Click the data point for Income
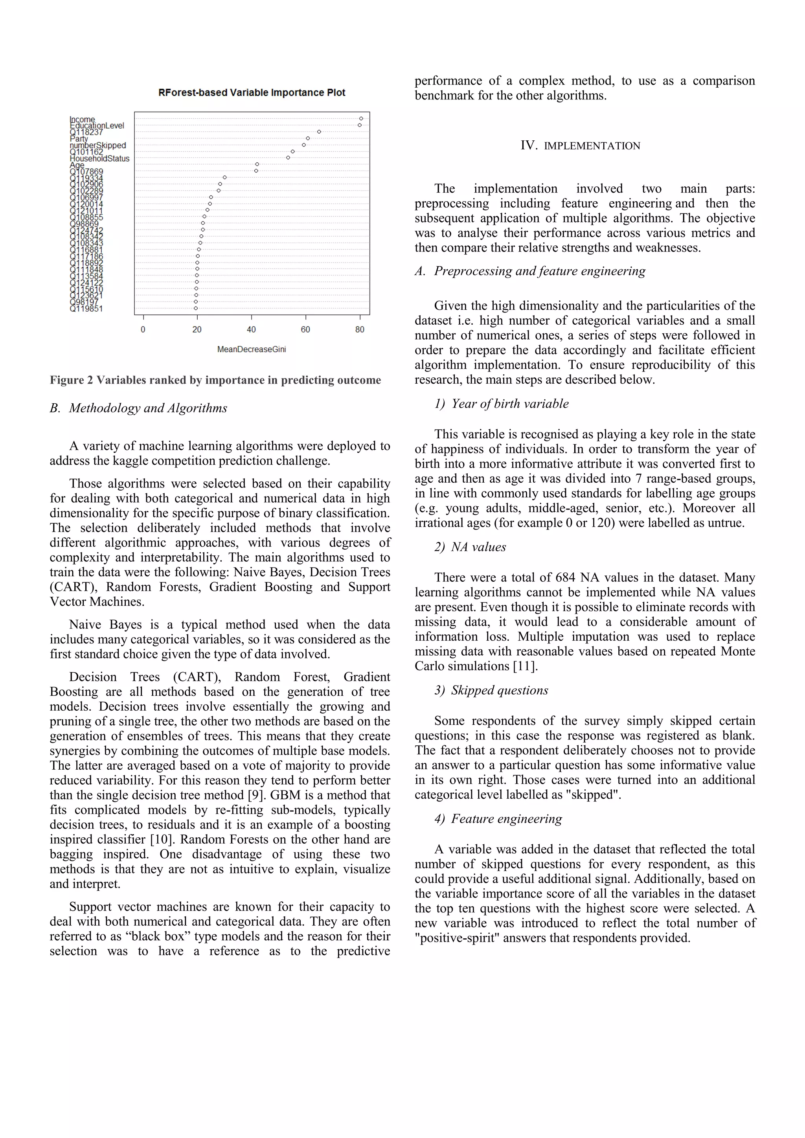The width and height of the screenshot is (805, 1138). click(x=361, y=118)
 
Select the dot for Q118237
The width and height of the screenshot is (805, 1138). click(x=319, y=131)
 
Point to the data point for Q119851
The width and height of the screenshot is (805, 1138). click(x=196, y=308)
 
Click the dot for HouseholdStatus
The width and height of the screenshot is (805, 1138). click(x=288, y=158)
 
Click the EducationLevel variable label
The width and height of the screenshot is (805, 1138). click(x=97, y=125)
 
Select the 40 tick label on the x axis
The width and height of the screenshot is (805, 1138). click(x=251, y=329)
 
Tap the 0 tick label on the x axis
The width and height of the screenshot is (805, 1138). click(x=143, y=329)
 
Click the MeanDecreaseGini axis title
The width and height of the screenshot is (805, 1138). click(x=251, y=349)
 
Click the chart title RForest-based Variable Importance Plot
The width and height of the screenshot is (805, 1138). click(x=252, y=93)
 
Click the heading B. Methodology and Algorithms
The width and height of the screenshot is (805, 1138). click(x=138, y=408)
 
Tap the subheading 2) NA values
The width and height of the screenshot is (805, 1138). click(x=471, y=547)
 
